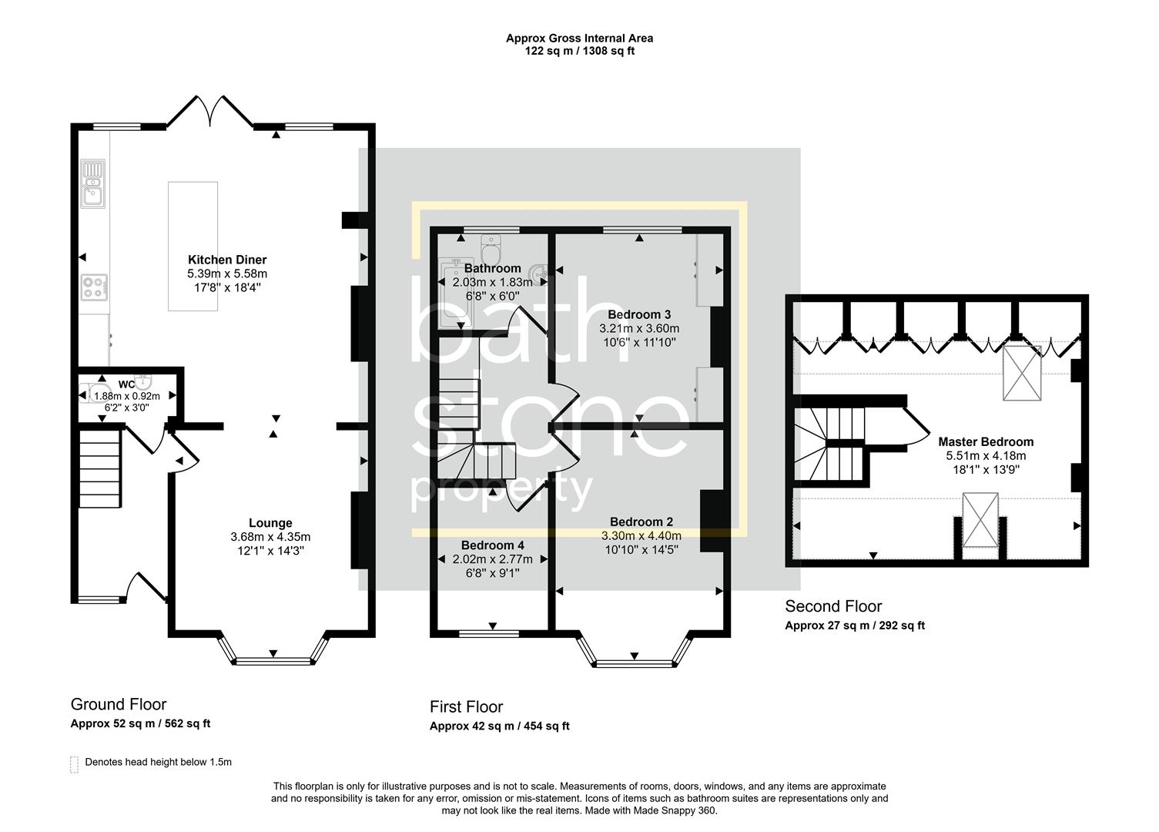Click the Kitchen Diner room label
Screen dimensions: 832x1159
tap(227, 260)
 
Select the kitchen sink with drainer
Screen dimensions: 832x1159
tap(93, 184)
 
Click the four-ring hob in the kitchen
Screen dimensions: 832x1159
tap(94, 287)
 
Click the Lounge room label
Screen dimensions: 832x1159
tap(270, 523)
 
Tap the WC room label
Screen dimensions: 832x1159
tap(126, 384)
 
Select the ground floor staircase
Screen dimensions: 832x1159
tap(100, 468)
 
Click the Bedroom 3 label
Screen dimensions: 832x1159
tap(639, 314)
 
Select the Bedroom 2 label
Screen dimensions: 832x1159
tap(641, 522)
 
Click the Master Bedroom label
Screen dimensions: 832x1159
tap(986, 441)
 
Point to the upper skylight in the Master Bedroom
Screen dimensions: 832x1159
tap(1021, 373)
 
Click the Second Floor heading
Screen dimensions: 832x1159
tap(833, 606)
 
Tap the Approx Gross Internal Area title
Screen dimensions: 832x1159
tap(579, 38)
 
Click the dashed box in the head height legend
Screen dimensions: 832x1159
tap(75, 763)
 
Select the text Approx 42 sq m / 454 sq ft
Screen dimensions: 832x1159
tap(499, 726)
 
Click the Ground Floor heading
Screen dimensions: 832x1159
tap(119, 704)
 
